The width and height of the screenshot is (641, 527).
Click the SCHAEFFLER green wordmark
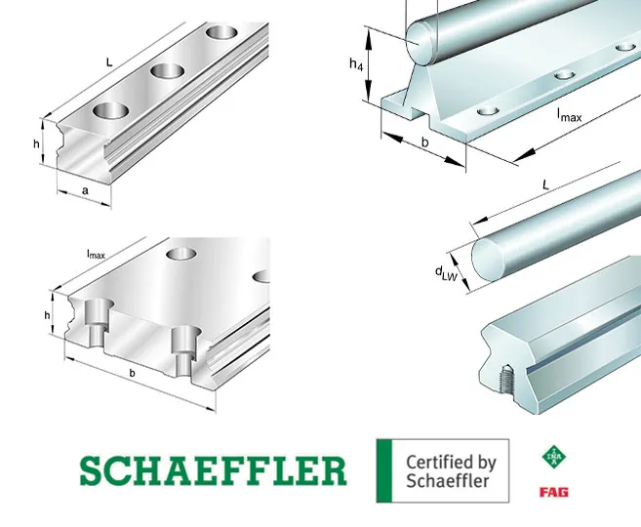[213, 470]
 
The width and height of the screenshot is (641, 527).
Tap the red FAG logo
[554, 492]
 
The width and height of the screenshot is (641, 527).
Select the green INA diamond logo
[554, 457]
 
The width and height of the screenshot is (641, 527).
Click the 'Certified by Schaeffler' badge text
[451, 471]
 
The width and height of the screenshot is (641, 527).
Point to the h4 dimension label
[356, 64]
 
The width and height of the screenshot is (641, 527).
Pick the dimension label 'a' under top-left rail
[85, 190]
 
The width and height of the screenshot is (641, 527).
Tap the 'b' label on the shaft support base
[425, 142]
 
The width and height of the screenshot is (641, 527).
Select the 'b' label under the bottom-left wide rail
[132, 373]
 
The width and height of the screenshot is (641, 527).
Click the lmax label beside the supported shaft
[569, 115]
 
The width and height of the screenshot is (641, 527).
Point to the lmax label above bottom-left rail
[96, 255]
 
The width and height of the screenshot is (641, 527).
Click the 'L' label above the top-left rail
[109, 62]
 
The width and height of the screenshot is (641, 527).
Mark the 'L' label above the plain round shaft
[545, 185]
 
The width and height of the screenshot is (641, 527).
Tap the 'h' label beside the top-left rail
[36, 143]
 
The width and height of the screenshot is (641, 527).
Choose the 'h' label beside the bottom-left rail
[48, 315]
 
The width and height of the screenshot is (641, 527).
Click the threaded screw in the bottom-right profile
[505, 381]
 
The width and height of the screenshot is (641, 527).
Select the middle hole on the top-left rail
[167, 71]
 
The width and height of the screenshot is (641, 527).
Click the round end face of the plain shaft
[487, 260]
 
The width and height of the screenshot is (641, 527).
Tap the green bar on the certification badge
[383, 470]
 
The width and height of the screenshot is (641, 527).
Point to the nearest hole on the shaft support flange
[488, 110]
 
